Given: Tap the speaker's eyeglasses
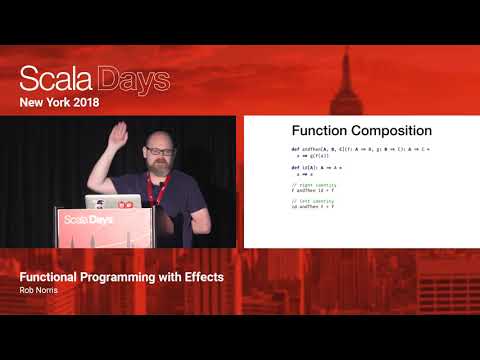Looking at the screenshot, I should (x=158, y=152).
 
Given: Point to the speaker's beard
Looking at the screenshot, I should (x=160, y=166).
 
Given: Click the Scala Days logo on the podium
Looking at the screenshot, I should (x=87, y=219).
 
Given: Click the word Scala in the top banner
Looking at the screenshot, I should (x=54, y=80).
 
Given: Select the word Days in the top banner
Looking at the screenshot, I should (x=131, y=80).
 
